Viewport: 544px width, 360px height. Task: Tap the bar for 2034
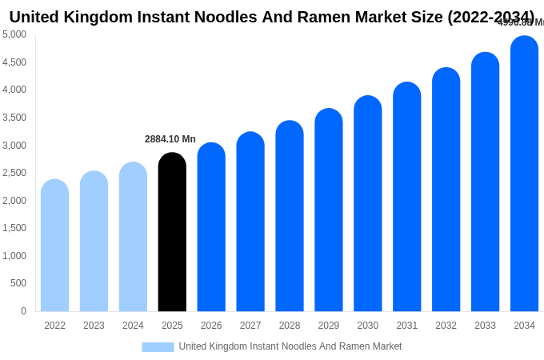tap(524, 174)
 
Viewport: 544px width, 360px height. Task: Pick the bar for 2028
tap(290, 216)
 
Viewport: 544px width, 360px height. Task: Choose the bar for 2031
tap(406, 197)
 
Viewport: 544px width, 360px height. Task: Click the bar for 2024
tap(133, 237)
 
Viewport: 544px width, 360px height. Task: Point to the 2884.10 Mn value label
tap(170, 139)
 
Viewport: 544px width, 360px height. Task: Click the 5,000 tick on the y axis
tap(14, 34)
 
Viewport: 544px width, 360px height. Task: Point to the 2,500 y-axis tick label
tap(14, 173)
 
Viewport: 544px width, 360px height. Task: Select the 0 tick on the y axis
tap(23, 311)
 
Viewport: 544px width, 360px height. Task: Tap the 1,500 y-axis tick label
tap(14, 228)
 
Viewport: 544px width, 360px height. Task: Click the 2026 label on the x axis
tap(211, 326)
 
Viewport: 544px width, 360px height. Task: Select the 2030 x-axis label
tap(368, 326)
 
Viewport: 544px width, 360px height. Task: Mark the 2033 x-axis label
tap(485, 326)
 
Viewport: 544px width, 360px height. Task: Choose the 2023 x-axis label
tap(94, 326)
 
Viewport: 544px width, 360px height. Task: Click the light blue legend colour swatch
tap(158, 347)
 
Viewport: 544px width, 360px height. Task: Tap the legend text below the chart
tap(290, 346)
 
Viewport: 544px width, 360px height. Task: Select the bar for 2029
tap(329, 210)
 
